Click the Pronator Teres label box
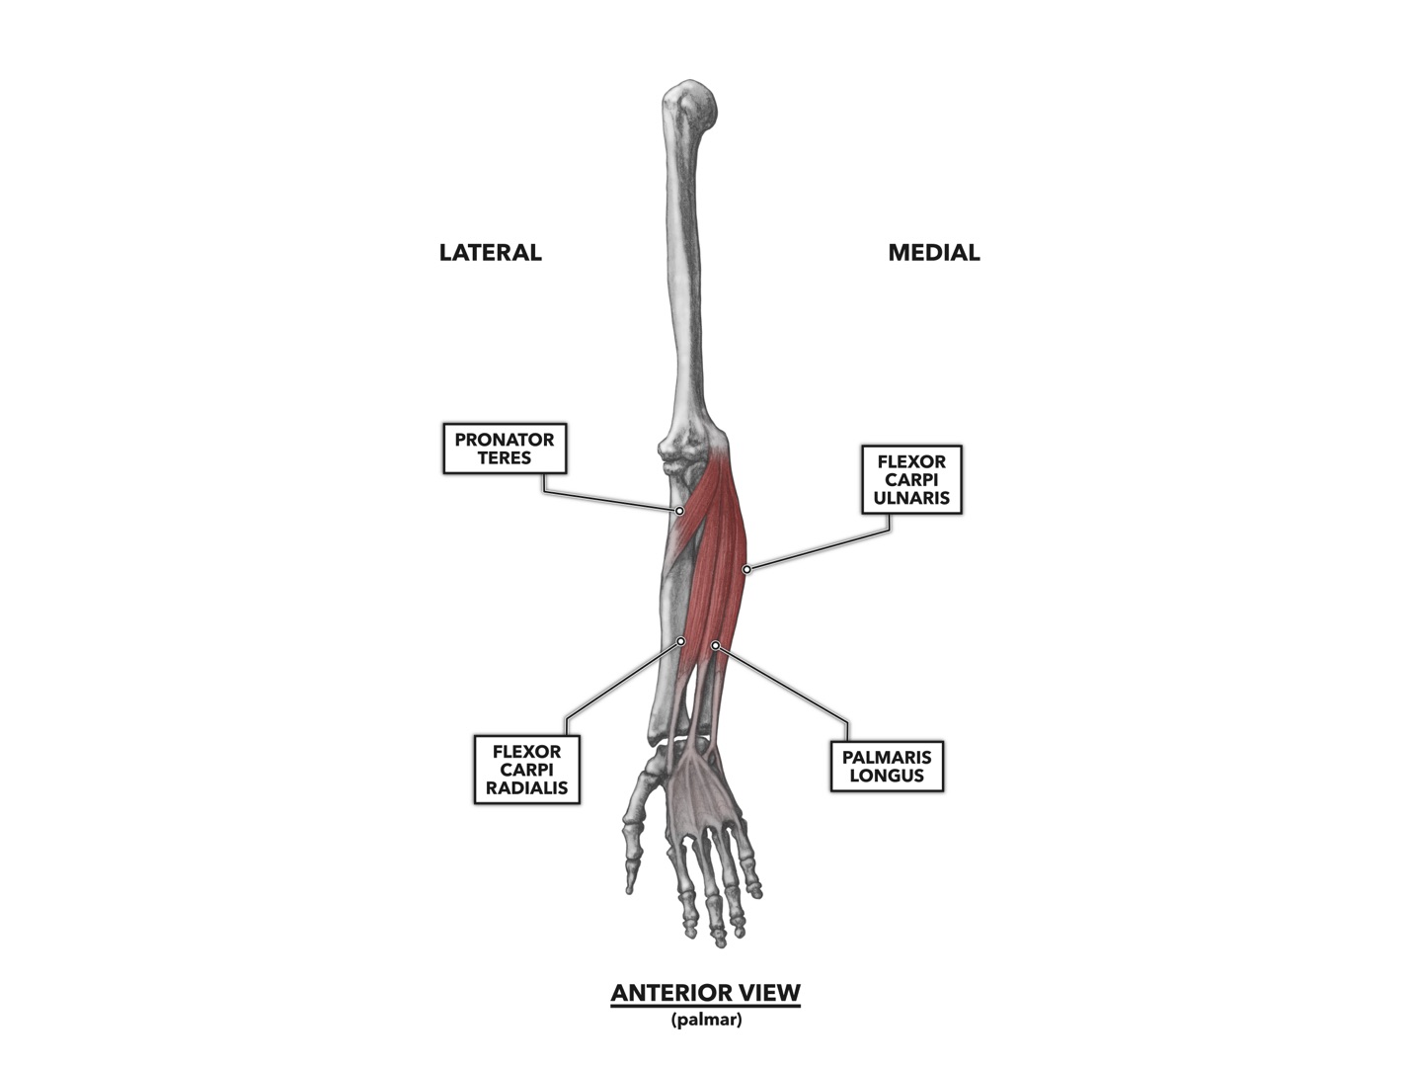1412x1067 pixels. (x=504, y=449)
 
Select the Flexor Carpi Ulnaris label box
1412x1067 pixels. (x=910, y=479)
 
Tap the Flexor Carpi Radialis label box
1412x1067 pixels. (x=526, y=770)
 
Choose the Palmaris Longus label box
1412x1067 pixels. (x=886, y=766)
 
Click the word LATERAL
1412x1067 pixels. (x=490, y=253)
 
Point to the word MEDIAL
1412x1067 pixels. (x=933, y=253)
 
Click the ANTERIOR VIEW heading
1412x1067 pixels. (x=705, y=993)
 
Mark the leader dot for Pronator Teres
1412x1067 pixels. (x=679, y=511)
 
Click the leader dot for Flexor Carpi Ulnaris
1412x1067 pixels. (x=746, y=569)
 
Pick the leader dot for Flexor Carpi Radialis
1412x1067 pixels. (x=680, y=641)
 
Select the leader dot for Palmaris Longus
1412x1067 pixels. (x=715, y=645)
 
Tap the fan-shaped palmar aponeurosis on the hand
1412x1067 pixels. (x=703, y=790)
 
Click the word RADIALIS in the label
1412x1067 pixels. (x=526, y=788)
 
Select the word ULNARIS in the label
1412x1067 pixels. (x=910, y=498)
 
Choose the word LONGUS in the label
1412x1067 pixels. (x=886, y=776)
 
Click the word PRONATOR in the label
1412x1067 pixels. (x=504, y=440)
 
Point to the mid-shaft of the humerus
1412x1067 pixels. (x=687, y=267)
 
